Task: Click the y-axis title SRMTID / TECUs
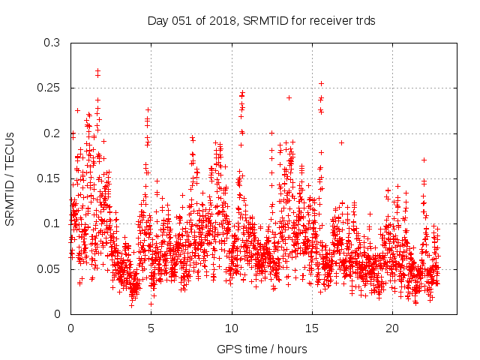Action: (x=10, y=178)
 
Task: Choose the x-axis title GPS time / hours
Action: (x=262, y=349)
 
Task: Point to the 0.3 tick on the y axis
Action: (x=52, y=43)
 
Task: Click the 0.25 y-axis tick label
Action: (x=49, y=88)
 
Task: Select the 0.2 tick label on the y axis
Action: (x=52, y=133)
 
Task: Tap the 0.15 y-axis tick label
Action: (x=49, y=178)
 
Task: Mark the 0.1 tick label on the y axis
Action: (x=52, y=223)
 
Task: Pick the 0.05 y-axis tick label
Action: (x=49, y=268)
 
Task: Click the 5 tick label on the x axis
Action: (x=151, y=328)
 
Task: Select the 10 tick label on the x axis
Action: (x=232, y=328)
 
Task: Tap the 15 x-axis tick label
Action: (x=312, y=328)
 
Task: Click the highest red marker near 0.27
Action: (x=97, y=71)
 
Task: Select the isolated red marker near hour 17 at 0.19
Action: (x=341, y=142)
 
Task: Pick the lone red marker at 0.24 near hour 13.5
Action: (x=289, y=97)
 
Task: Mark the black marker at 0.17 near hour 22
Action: (x=424, y=160)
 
